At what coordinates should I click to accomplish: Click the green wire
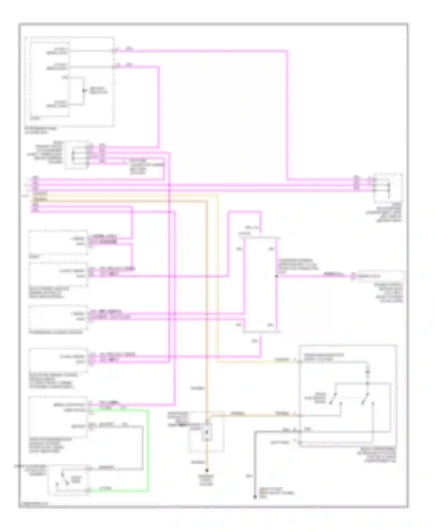[x=149, y=450]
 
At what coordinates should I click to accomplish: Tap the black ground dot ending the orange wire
[x=207, y=470]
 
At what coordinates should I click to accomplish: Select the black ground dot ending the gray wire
[x=255, y=497]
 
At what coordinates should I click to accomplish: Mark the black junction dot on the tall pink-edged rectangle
[x=276, y=276]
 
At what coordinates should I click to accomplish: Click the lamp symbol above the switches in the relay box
[x=367, y=372]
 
